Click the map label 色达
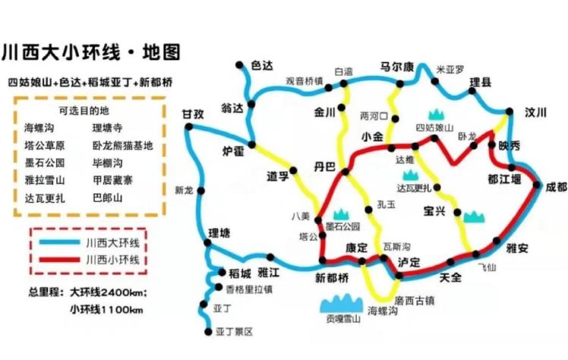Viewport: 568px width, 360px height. click(261, 66)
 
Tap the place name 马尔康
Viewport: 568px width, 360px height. click(396, 66)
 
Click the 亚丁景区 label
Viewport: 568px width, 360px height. click(234, 332)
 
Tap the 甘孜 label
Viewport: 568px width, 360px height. click(193, 114)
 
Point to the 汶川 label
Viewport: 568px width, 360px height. click(535, 112)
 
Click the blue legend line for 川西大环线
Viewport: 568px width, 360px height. click(62, 242)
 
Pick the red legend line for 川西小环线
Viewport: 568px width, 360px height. click(62, 260)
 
